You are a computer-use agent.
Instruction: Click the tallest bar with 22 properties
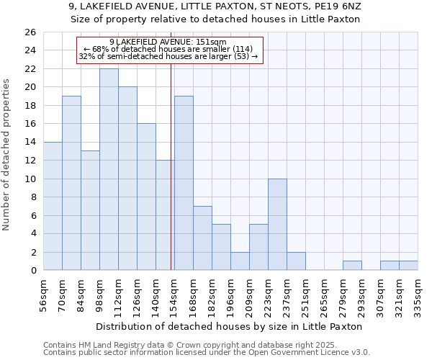(x=109, y=169)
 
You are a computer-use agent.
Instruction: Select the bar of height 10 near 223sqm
(x=277, y=224)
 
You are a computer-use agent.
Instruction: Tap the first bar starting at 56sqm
(x=53, y=206)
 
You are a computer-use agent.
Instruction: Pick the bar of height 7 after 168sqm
(x=202, y=238)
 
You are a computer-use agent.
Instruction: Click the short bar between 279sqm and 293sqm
(x=352, y=266)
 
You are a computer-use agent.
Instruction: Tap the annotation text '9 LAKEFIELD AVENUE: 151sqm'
(x=168, y=42)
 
